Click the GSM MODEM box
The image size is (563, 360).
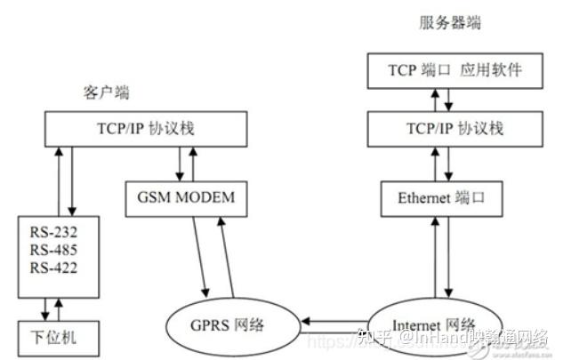(187, 196)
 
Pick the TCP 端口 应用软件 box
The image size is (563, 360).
(442, 70)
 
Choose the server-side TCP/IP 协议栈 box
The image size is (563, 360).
(442, 128)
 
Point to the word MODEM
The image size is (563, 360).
(206, 196)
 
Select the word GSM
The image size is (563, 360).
(156, 196)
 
